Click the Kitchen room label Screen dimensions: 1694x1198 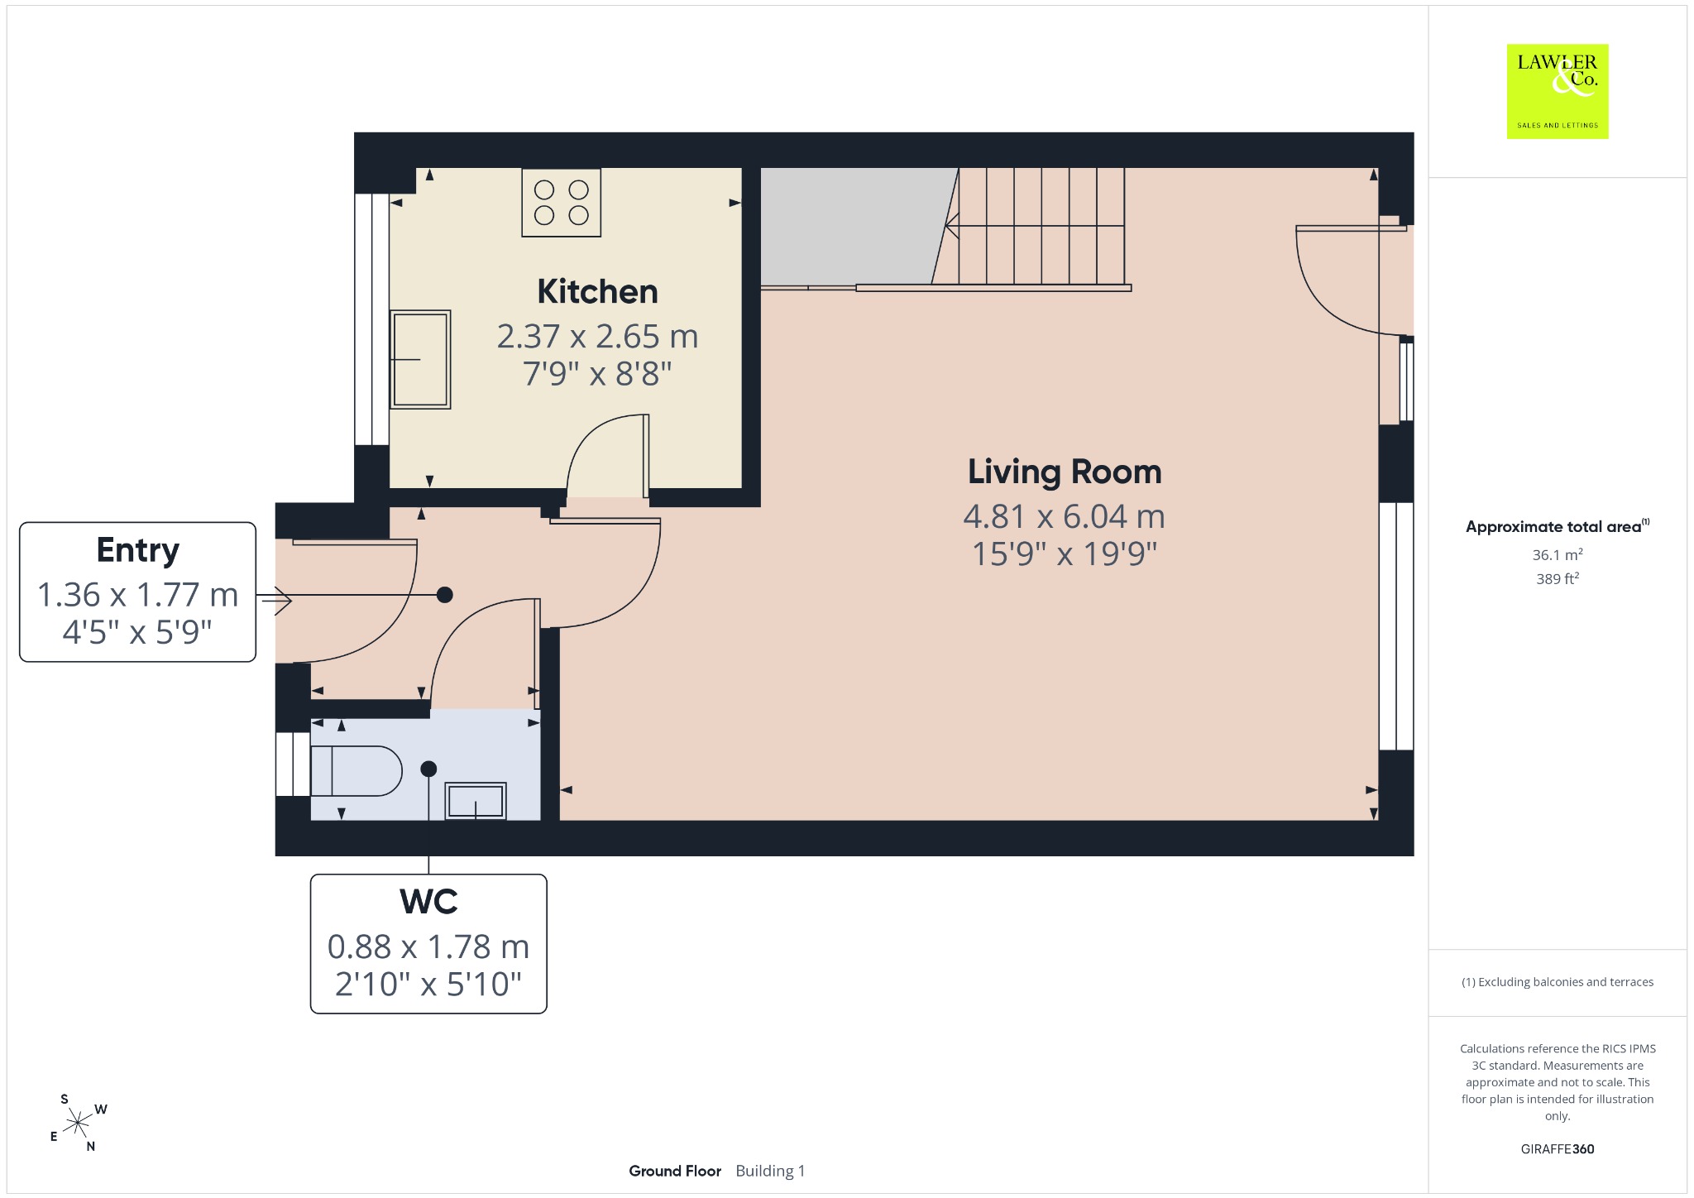tap(597, 292)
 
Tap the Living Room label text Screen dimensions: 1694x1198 tap(1065, 472)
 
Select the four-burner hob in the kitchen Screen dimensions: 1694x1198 tap(561, 203)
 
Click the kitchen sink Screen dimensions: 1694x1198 tap(420, 359)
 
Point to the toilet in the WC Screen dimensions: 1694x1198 tap(356, 771)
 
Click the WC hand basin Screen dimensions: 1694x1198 tap(476, 801)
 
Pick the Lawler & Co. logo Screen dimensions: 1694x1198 tap(1558, 91)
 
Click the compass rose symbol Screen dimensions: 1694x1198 tap(79, 1123)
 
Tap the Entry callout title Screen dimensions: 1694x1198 tap(137, 551)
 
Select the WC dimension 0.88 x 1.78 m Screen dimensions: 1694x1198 tap(428, 946)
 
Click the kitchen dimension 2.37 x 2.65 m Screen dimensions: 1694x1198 tap(597, 337)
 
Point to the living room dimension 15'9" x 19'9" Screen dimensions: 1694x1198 tap(1065, 553)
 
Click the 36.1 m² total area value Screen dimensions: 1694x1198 tap(1558, 554)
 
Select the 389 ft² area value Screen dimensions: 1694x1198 tap(1558, 578)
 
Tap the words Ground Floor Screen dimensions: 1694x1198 tap(675, 1171)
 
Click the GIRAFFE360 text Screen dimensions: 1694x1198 tap(1558, 1148)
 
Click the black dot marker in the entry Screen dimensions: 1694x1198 tap(445, 594)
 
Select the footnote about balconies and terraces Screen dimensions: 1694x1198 tap(1558, 982)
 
